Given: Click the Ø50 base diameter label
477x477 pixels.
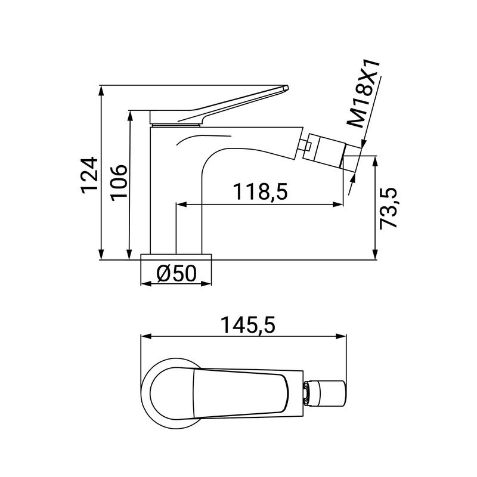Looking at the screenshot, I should coord(176,273).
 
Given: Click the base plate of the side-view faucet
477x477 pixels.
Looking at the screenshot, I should coord(176,257).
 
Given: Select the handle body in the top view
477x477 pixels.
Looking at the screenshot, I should coord(238,394).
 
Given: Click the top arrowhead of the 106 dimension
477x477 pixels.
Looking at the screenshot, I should coord(129,114).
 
